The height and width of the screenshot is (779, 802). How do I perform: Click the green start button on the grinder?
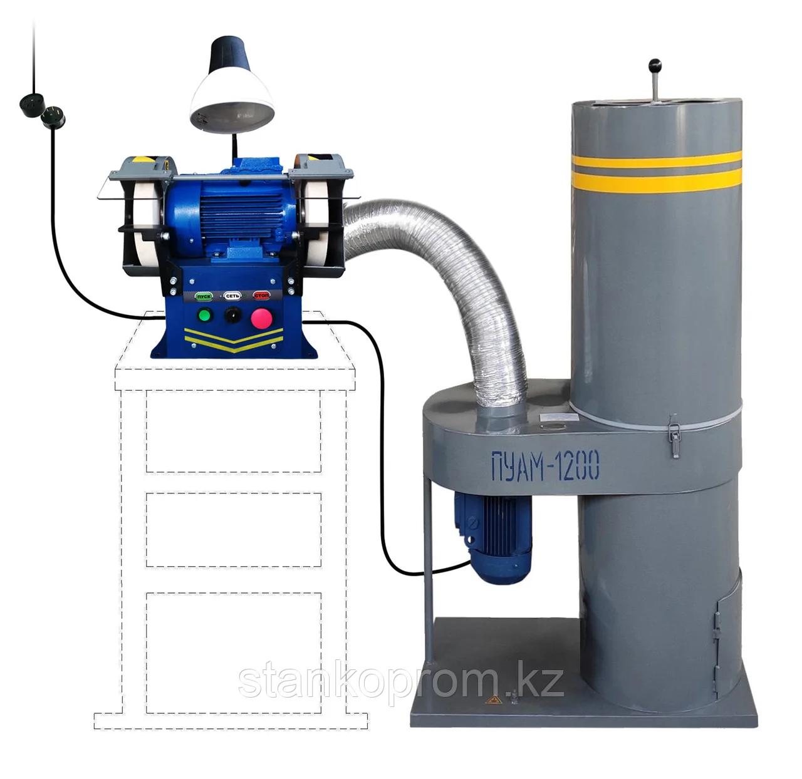coord(204,315)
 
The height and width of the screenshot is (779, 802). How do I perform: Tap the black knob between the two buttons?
coord(232,315)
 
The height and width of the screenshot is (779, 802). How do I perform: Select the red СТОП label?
coord(261,296)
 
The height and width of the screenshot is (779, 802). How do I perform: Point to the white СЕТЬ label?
coord(232,296)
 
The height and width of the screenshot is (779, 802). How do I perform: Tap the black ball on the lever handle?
coord(655,65)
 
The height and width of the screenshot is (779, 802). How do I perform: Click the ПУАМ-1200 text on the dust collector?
coord(545,466)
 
